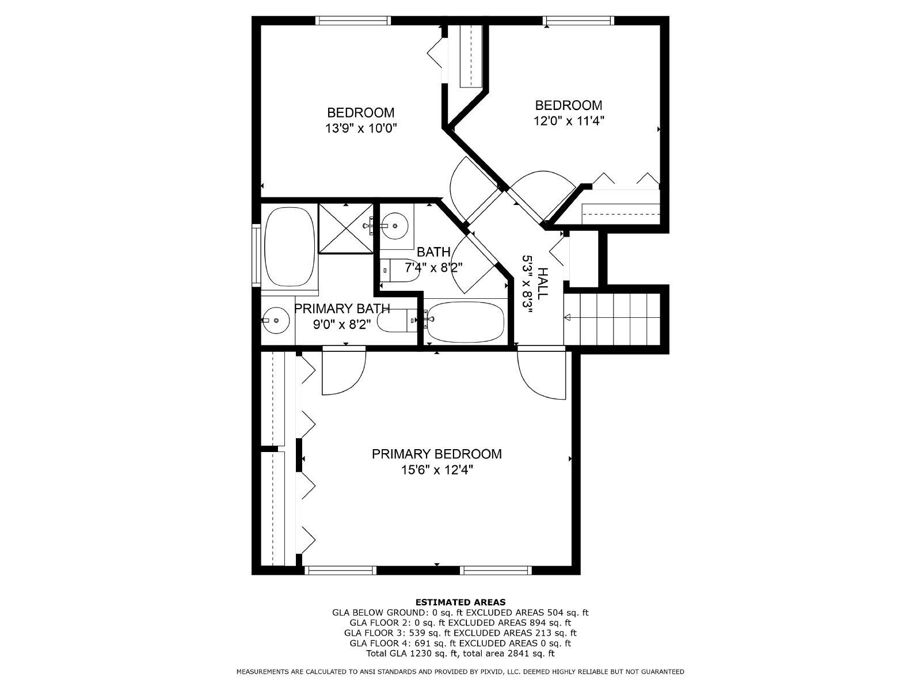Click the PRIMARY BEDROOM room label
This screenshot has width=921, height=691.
[x=436, y=454]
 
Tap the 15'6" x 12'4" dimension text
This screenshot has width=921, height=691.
[x=437, y=470]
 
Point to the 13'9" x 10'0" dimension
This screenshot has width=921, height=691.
[x=361, y=128]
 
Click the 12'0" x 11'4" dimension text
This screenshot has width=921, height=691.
[x=569, y=121]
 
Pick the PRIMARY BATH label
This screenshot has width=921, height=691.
[x=342, y=309]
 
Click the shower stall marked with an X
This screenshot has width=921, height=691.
[x=346, y=229]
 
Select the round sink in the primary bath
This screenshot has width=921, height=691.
[x=275, y=320]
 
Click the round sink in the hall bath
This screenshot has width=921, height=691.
[x=394, y=225]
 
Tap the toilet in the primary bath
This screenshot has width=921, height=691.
[x=397, y=321]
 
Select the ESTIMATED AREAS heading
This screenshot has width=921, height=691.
[x=461, y=602]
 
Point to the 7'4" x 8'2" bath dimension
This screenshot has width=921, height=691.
[x=433, y=267]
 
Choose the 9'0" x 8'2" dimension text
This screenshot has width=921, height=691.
[x=342, y=325]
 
